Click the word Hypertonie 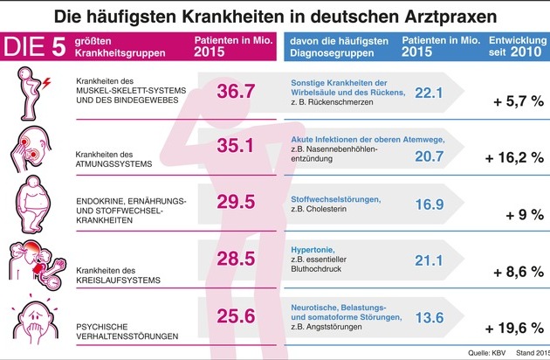point(312,247)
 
